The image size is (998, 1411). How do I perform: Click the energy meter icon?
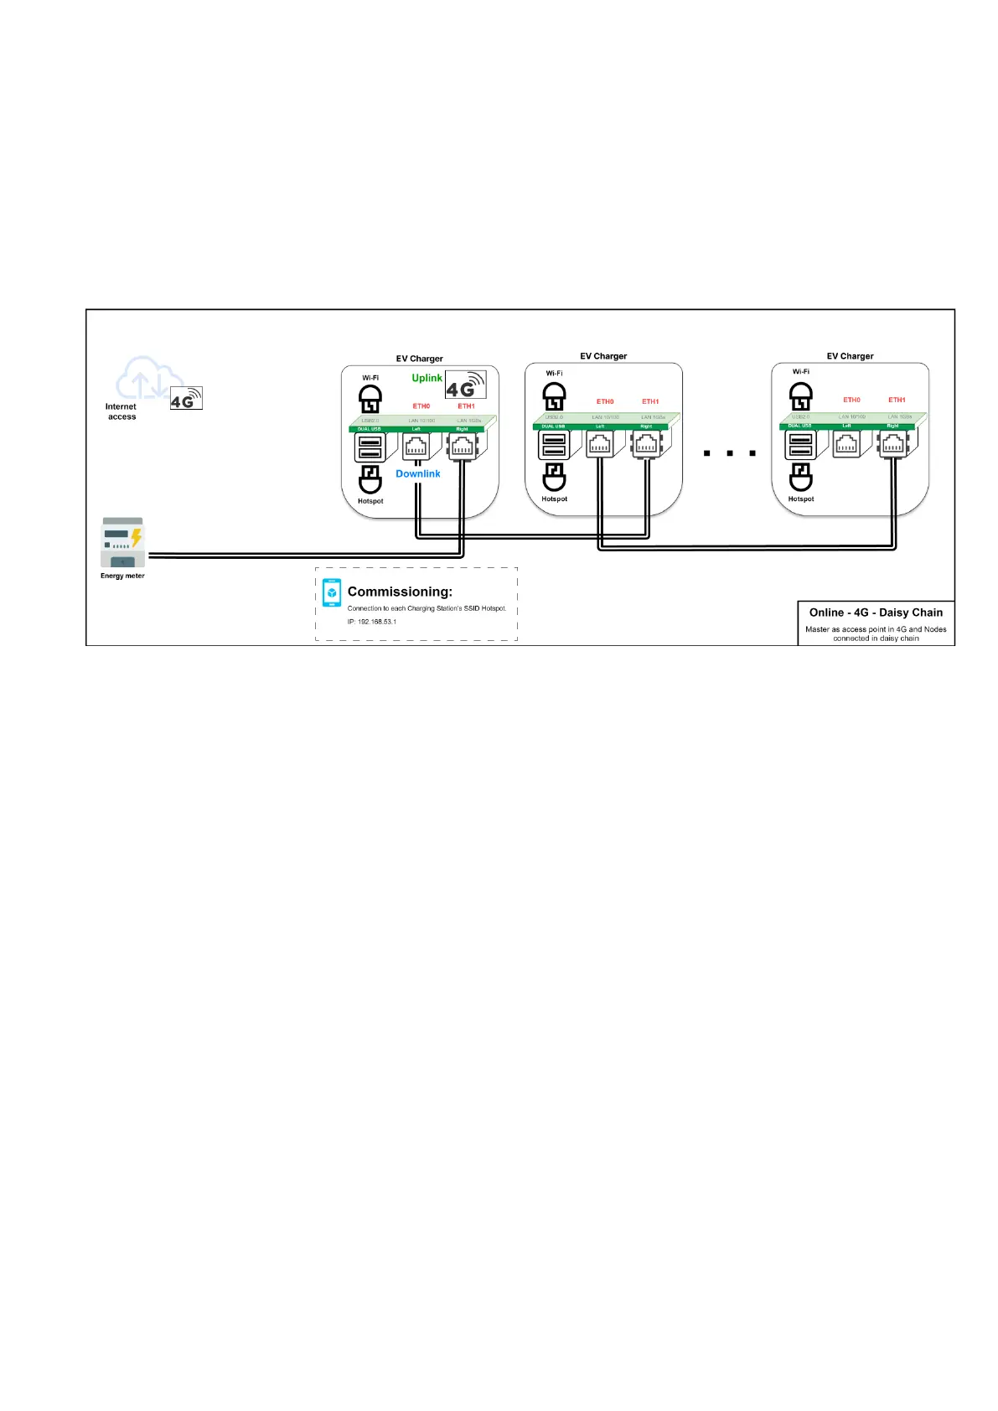click(122, 542)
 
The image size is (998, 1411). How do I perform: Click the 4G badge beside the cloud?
click(186, 399)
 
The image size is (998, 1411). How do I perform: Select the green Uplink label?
click(427, 378)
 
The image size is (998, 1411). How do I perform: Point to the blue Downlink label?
click(417, 473)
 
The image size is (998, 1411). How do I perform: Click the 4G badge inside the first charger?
click(465, 385)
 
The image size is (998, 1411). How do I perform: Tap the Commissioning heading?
click(400, 592)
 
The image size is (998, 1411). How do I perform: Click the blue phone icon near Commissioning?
click(332, 592)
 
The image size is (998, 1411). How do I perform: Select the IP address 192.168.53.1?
click(372, 622)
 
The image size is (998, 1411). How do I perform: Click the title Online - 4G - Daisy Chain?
click(876, 612)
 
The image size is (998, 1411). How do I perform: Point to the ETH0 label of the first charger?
click(421, 406)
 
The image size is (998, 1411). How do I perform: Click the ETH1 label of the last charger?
click(897, 401)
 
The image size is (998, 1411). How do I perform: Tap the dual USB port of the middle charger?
click(554, 446)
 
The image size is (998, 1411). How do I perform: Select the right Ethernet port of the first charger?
click(463, 447)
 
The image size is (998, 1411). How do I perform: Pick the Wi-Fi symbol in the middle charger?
click(554, 395)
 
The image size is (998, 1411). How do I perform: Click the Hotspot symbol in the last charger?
click(800, 478)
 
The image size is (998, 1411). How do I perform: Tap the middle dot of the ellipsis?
click(730, 453)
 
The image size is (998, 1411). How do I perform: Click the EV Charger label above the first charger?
click(419, 359)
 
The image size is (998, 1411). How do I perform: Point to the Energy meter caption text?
click(122, 576)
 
